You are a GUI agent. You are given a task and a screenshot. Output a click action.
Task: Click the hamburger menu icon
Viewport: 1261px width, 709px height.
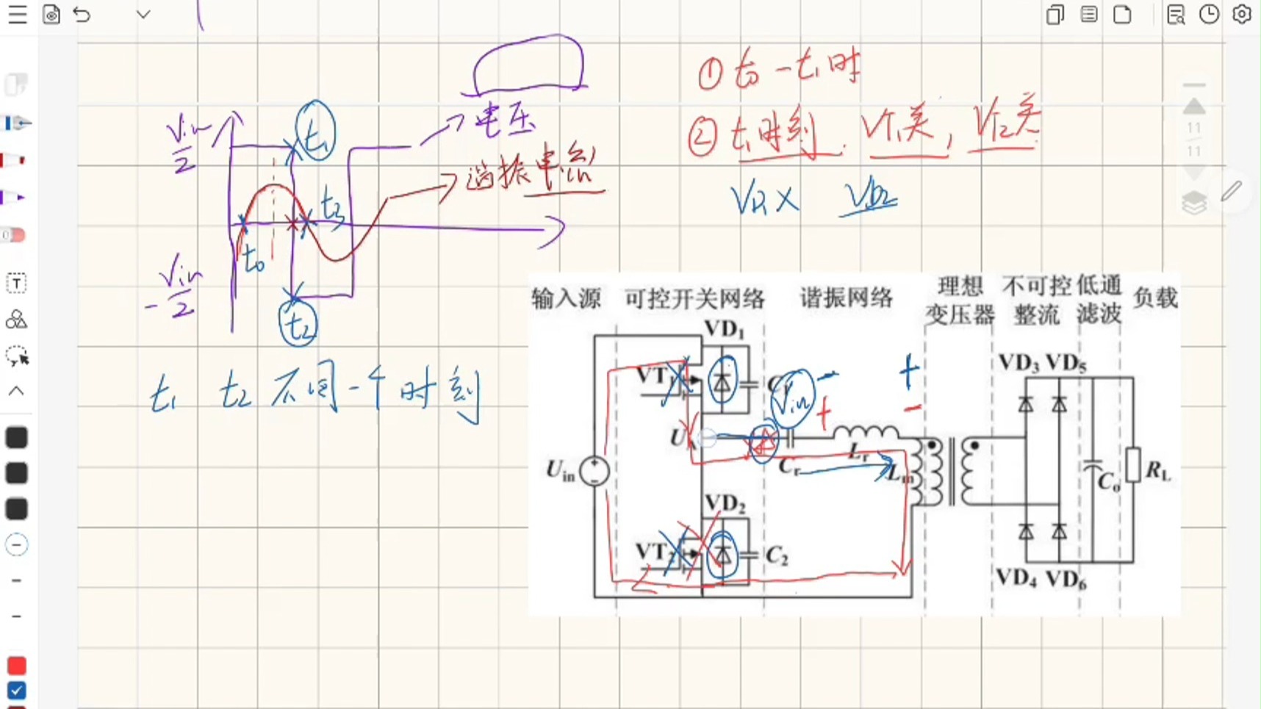(x=17, y=15)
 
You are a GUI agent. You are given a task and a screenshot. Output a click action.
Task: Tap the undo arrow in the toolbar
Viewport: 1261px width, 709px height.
(x=82, y=15)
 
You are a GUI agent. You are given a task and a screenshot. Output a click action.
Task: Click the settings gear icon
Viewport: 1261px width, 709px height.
(x=1242, y=15)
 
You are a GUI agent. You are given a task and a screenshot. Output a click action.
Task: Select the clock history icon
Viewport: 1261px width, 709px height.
(x=1209, y=15)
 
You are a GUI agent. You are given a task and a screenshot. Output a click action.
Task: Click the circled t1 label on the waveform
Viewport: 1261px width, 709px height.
(x=316, y=132)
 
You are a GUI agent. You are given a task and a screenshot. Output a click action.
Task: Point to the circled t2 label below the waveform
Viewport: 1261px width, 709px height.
(x=298, y=323)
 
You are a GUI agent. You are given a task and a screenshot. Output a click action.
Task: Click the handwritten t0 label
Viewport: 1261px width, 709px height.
(x=254, y=259)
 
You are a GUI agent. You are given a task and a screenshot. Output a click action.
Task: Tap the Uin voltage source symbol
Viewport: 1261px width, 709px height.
(x=594, y=471)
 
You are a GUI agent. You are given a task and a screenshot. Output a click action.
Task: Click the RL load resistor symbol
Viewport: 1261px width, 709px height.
(x=1134, y=464)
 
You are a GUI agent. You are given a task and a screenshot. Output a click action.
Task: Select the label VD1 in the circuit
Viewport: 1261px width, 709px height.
(x=724, y=329)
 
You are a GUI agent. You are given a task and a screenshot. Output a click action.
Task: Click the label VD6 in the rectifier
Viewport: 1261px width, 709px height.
(x=1066, y=580)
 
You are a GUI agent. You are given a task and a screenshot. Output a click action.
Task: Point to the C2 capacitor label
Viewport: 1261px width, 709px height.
(x=777, y=556)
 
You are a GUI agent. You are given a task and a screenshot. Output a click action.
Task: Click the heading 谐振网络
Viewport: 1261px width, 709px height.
(x=846, y=298)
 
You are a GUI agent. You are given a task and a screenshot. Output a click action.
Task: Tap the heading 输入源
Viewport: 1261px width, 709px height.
(x=566, y=298)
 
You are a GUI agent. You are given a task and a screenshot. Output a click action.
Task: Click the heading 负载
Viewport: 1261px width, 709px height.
(x=1155, y=298)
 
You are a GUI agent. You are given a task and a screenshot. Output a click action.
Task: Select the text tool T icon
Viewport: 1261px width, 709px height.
(x=16, y=284)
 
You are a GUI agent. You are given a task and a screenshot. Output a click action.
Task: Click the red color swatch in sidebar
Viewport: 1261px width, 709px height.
(x=16, y=666)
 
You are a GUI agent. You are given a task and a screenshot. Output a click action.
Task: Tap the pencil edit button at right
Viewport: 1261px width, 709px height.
(x=1231, y=192)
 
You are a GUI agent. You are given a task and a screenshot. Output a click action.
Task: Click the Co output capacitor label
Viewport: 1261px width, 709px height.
(x=1109, y=482)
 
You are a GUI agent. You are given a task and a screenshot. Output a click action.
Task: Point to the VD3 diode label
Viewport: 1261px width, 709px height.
(x=1018, y=363)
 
